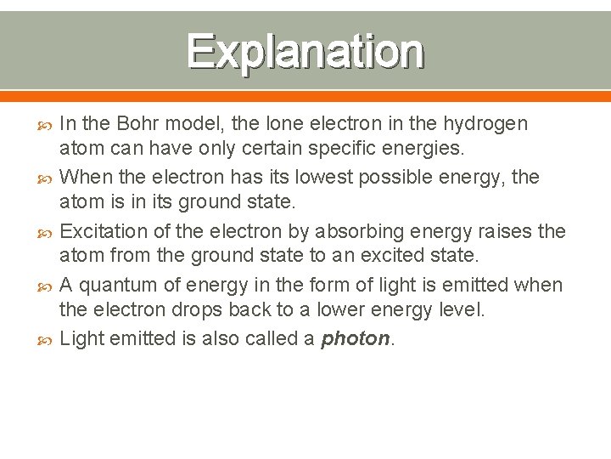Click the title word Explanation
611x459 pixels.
point(305,51)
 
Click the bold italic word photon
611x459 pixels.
point(355,339)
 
